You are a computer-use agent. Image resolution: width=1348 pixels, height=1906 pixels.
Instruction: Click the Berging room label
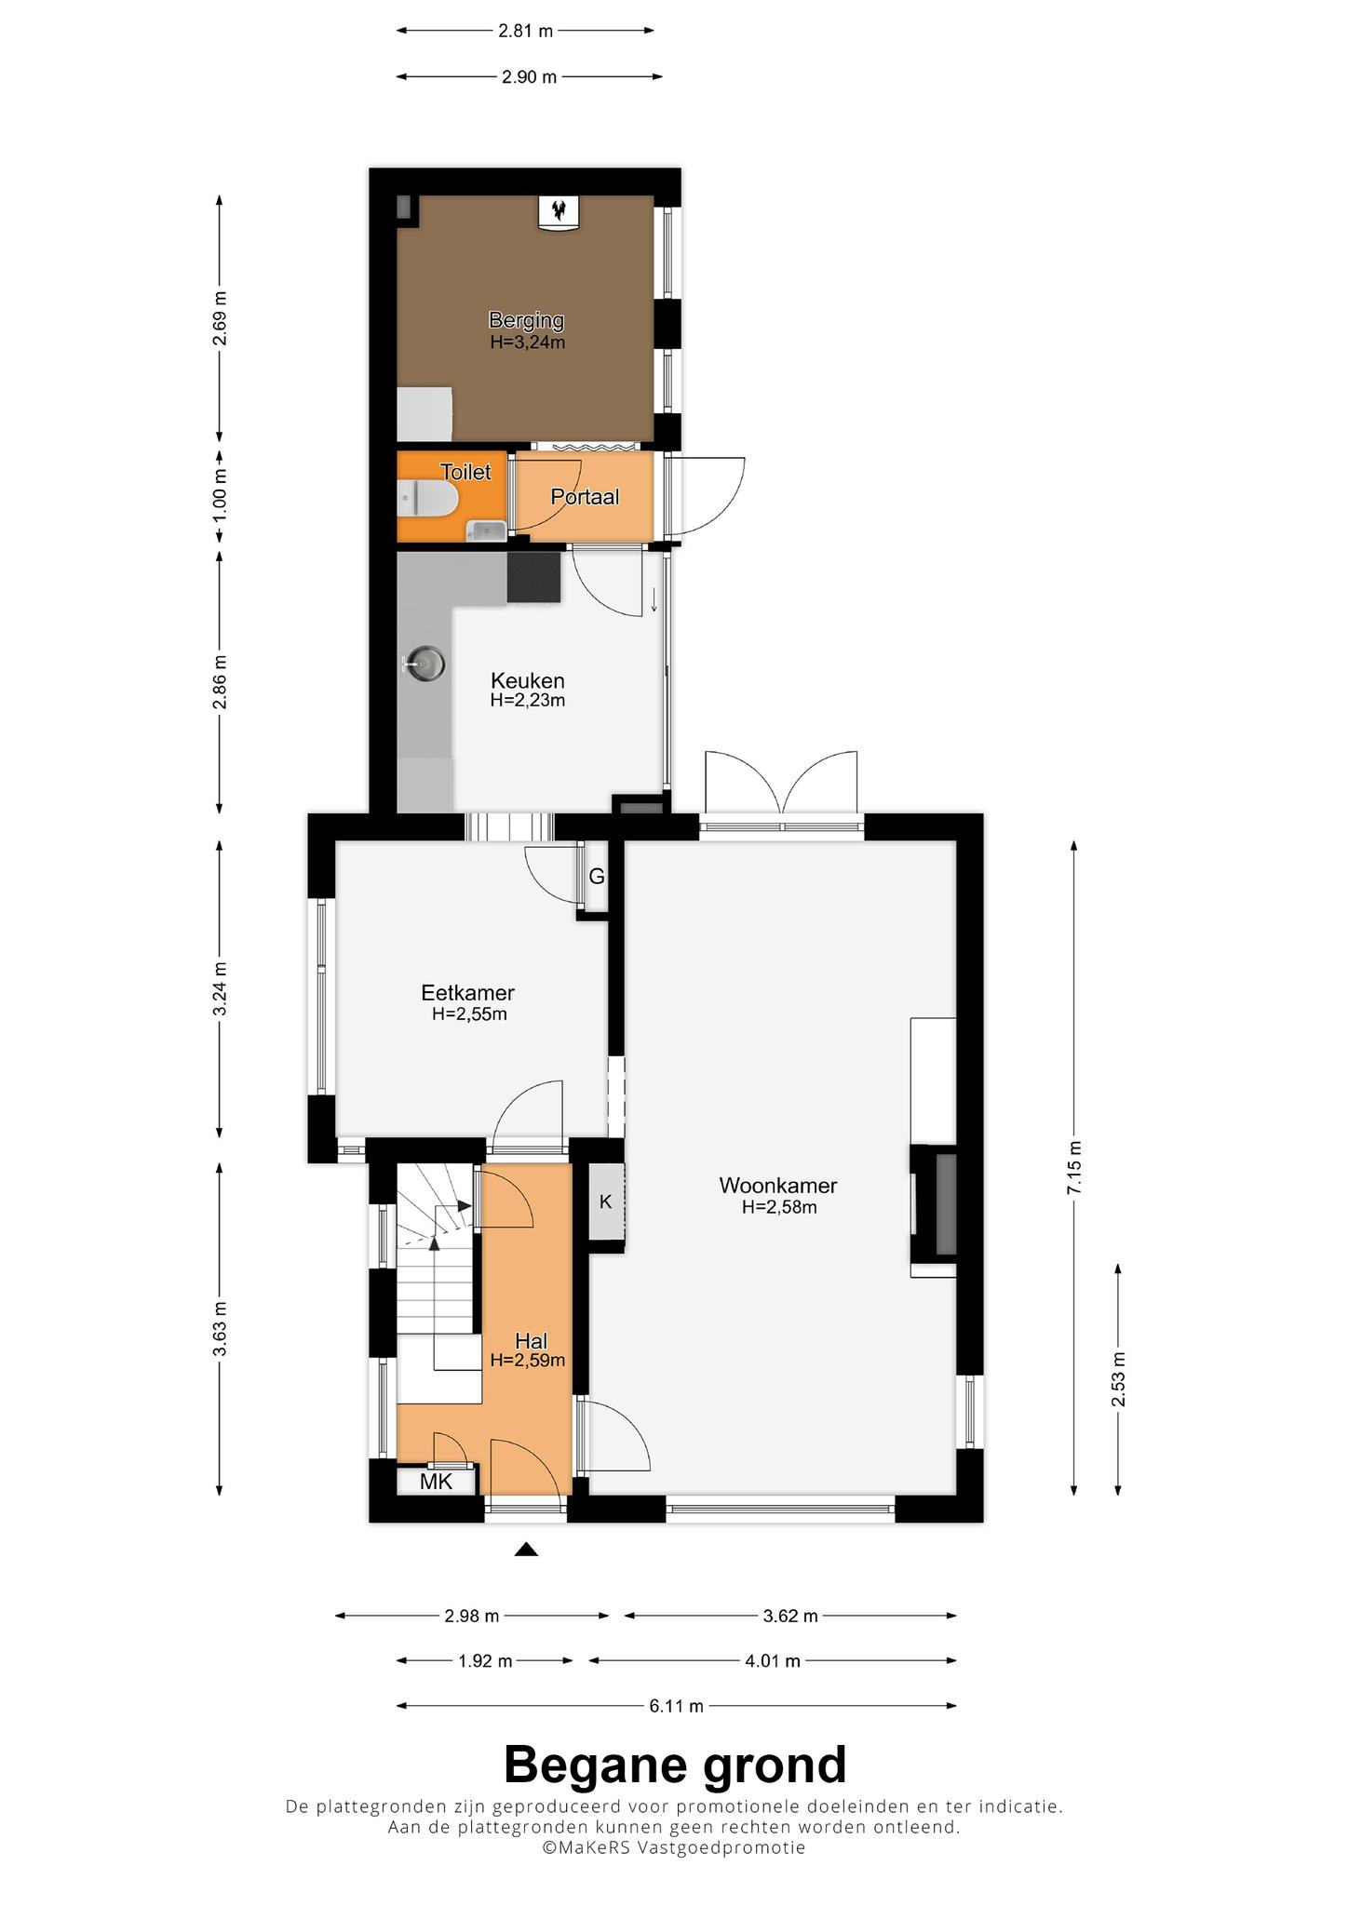(x=527, y=320)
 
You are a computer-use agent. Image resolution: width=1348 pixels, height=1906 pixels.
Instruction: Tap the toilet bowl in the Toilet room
(x=427, y=500)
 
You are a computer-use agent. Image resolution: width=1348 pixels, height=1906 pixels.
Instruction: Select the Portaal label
(x=585, y=497)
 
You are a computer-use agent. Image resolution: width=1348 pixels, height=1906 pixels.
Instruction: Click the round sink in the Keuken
(x=425, y=664)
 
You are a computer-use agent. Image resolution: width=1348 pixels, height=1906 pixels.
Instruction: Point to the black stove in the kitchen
(x=534, y=578)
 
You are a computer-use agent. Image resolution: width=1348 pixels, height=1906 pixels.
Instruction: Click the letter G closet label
(x=597, y=877)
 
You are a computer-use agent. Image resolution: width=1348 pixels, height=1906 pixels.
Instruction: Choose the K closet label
(x=605, y=1201)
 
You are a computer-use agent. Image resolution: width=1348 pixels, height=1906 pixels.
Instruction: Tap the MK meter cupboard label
(x=436, y=1482)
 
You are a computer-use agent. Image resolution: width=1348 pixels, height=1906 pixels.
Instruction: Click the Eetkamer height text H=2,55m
(x=469, y=1014)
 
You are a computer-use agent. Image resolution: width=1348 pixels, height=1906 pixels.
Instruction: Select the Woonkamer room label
(x=778, y=1186)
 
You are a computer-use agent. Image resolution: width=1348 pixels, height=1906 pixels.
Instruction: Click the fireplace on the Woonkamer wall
(x=934, y=1202)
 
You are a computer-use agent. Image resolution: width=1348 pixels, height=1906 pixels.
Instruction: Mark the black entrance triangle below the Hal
(x=527, y=1550)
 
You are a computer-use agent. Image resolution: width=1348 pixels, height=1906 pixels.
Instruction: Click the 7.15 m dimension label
(x=1075, y=1168)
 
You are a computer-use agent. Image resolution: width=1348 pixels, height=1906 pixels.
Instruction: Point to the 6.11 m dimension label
(x=677, y=1706)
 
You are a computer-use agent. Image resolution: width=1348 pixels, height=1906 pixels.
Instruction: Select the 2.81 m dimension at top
(x=526, y=31)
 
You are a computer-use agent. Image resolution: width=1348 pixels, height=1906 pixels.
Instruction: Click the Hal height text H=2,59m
(x=528, y=1360)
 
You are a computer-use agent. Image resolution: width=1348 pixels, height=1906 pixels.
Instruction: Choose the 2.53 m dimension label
(x=1119, y=1379)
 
